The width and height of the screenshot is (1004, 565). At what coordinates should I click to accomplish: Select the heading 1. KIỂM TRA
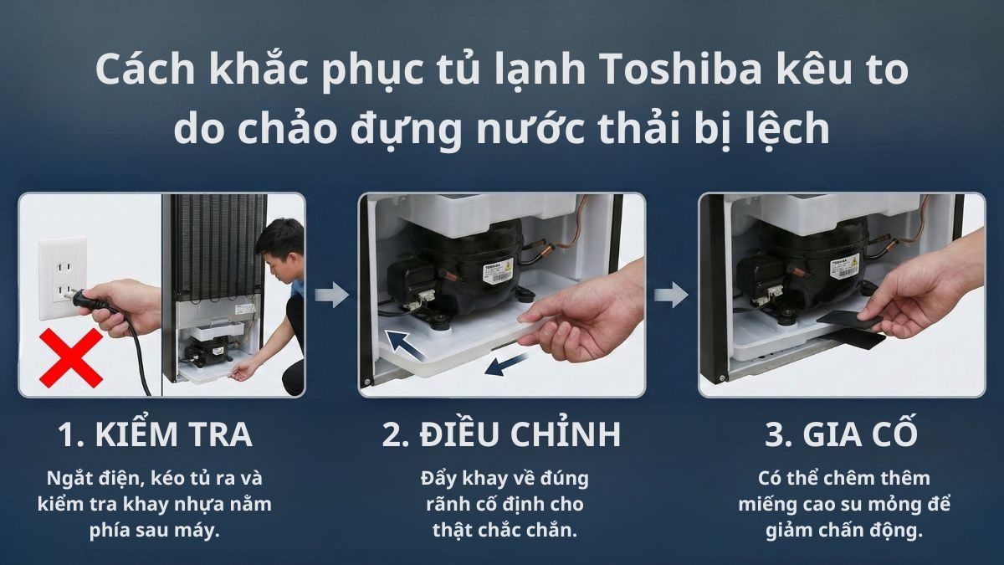point(155,435)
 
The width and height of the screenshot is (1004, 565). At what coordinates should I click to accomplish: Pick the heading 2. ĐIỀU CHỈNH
point(501,435)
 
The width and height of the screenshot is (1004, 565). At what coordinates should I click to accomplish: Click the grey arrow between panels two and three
point(671,294)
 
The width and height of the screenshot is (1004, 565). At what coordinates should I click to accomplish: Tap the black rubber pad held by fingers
point(848,321)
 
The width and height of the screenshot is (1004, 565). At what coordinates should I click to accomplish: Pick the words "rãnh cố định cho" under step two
point(505,504)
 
